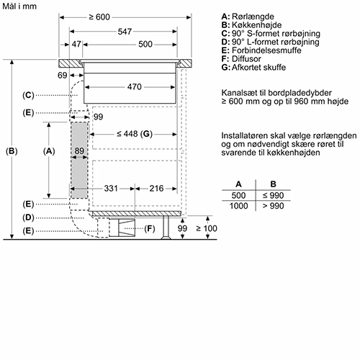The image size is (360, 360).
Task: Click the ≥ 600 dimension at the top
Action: coord(99,17)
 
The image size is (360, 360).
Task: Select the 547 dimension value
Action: coord(125,32)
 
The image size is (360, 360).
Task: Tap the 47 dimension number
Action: coord(76,44)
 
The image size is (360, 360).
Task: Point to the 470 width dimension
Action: coord(135,87)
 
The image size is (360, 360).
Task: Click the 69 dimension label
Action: coord(62,76)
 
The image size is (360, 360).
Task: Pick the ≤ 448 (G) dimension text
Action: coord(135,134)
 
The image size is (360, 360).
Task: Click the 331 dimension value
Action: coord(111,189)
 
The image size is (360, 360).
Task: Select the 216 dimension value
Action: coord(156,189)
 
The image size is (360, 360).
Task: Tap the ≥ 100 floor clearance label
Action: coord(207,228)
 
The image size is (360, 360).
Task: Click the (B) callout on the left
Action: coord(12,151)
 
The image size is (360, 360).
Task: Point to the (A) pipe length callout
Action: coord(49,151)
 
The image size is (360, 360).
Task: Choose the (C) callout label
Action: coord(28,95)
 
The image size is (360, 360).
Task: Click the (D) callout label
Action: coord(28,217)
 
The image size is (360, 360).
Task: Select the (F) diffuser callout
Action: coord(150,229)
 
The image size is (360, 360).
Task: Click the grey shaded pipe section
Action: coord(79,161)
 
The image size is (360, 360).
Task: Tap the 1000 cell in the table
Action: coord(238,206)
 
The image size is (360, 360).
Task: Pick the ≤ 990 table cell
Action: coord(274,195)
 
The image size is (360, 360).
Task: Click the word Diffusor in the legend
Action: coord(246,59)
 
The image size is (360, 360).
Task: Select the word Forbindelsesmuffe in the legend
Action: coord(266,50)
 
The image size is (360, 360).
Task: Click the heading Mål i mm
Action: coord(19,6)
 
